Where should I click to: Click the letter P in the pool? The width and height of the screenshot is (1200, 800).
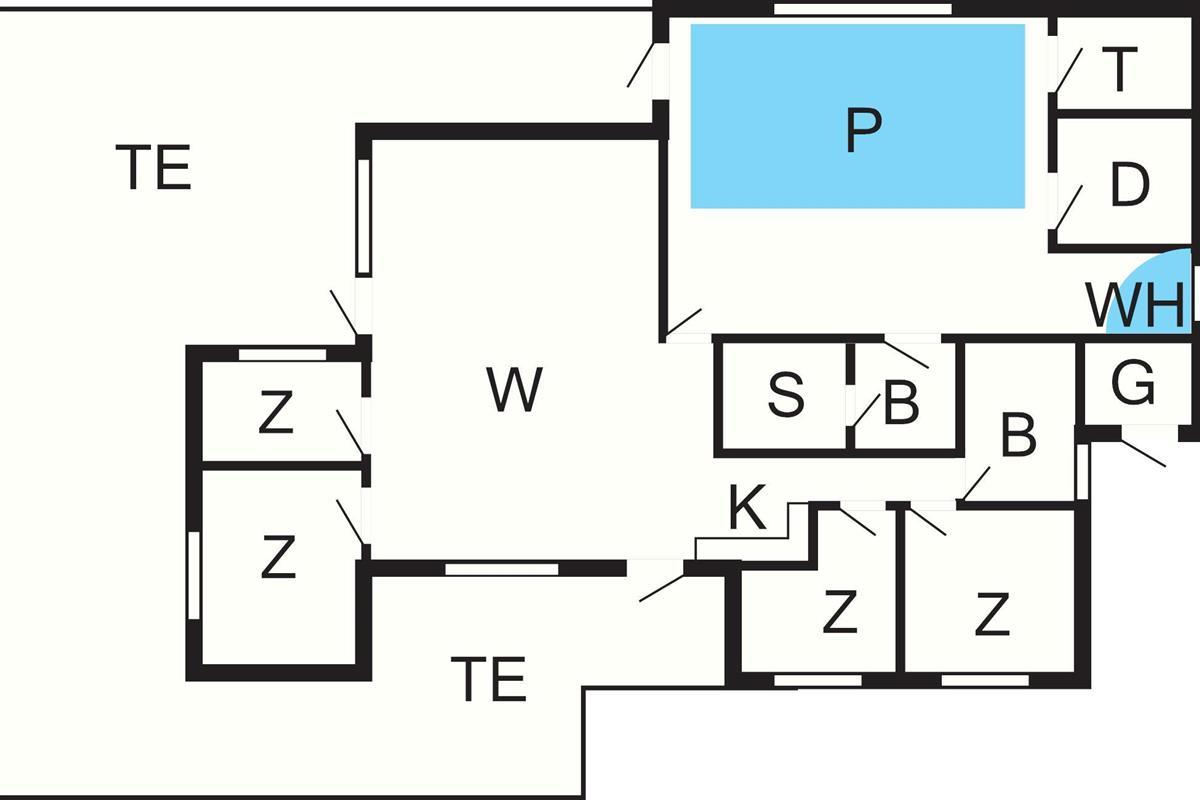862,131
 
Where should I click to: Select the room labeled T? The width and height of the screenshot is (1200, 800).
1122,69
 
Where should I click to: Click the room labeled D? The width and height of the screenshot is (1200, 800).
1129,185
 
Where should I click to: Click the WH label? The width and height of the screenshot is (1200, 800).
1135,306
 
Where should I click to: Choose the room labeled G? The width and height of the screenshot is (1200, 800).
1133,385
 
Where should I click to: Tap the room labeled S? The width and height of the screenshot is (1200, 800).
786,397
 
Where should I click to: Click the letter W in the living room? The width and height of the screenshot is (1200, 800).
515,390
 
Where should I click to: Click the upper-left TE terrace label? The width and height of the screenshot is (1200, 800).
153,168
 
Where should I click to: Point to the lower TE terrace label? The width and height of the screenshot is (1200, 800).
488,680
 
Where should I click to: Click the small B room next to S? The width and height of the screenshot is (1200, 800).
902,405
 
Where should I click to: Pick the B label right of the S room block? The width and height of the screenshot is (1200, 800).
1018,437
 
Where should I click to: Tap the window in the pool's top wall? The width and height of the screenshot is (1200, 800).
862,9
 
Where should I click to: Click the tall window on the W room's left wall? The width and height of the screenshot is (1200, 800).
364,216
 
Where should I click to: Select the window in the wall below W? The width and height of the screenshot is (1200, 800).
501,569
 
